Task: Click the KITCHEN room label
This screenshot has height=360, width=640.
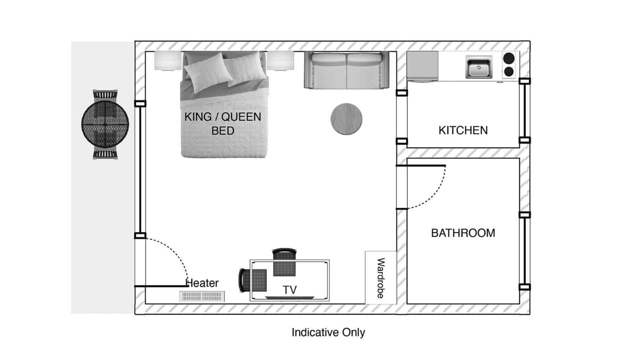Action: [463, 130]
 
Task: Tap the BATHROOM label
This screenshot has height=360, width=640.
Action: [463, 233]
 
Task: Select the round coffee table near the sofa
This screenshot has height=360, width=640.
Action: [346, 119]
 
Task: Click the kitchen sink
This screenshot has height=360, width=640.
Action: [479, 67]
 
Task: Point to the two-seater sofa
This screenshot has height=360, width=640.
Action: [347, 70]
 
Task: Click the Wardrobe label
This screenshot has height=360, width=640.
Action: [381, 278]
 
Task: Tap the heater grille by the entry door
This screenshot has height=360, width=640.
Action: [202, 296]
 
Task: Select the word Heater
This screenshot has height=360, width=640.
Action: [202, 283]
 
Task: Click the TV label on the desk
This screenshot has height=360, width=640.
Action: [289, 290]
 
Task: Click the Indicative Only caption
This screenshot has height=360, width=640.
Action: [328, 332]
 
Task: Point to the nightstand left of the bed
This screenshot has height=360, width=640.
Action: [168, 61]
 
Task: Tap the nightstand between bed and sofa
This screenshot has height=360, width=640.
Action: [280, 61]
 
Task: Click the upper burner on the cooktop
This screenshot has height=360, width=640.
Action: [509, 58]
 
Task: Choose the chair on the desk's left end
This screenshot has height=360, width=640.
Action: [253, 280]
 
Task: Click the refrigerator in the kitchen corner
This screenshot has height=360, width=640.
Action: [423, 66]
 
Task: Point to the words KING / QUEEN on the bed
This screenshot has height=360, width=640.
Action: [223, 117]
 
